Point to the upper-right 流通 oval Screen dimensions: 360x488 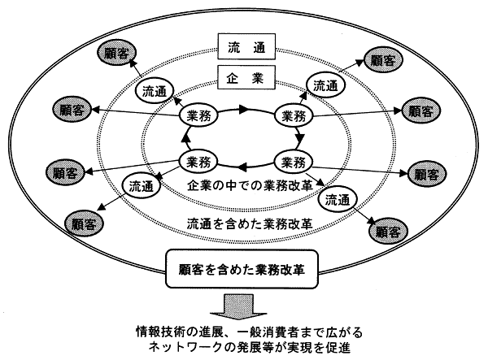pyautogui.click(x=324, y=84)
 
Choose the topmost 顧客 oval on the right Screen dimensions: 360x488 pyautogui.click(x=381, y=60)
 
